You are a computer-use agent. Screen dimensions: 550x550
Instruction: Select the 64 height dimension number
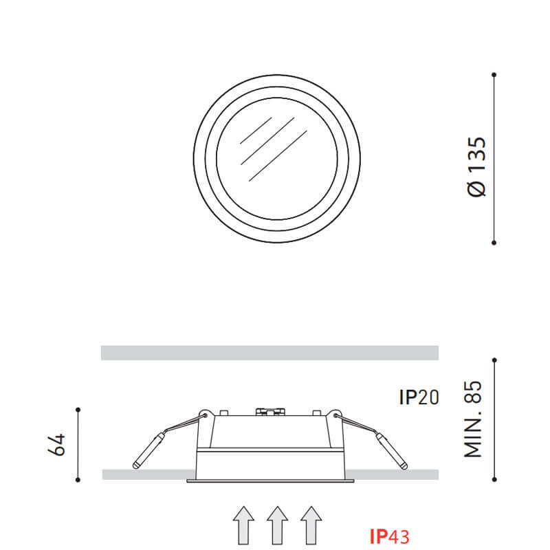click(x=56, y=444)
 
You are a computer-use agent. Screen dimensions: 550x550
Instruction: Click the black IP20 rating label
click(x=419, y=397)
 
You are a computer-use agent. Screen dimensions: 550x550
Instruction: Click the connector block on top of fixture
click(x=269, y=412)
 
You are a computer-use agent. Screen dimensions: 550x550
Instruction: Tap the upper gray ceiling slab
click(x=269, y=353)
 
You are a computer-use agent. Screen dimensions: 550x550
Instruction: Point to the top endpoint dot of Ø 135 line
click(x=494, y=74)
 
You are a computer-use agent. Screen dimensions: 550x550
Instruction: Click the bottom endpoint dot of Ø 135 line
click(x=494, y=242)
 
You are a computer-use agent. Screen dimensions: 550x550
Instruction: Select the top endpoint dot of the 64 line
click(x=78, y=410)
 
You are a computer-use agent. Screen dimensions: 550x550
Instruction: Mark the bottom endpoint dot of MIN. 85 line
click(x=494, y=479)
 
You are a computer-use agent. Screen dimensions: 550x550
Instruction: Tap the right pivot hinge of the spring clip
click(x=334, y=415)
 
